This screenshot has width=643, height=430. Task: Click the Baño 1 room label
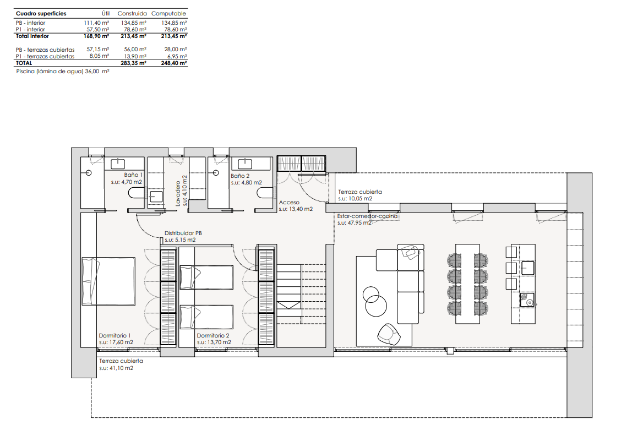click(134, 175)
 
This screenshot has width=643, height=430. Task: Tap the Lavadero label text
click(178, 193)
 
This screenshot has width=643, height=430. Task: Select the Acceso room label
click(289, 202)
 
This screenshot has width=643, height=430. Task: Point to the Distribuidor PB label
click(183, 233)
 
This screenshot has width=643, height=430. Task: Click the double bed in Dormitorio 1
click(108, 281)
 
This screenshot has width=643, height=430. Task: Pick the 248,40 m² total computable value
click(174, 63)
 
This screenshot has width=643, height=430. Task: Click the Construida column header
click(132, 14)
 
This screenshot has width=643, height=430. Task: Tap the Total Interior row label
click(32, 36)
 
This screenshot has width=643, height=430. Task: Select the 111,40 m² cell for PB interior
click(96, 23)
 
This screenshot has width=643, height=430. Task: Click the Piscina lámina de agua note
click(63, 72)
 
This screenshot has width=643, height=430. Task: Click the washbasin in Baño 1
click(118, 164)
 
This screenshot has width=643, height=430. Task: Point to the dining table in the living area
click(467, 284)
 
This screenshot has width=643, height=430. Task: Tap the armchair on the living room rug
click(389, 334)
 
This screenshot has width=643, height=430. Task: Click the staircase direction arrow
click(288, 305)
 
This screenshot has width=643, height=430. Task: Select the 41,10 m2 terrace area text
click(116, 368)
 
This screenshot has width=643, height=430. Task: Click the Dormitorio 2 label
click(213, 336)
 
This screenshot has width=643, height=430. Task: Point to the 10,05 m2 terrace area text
click(355, 199)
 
